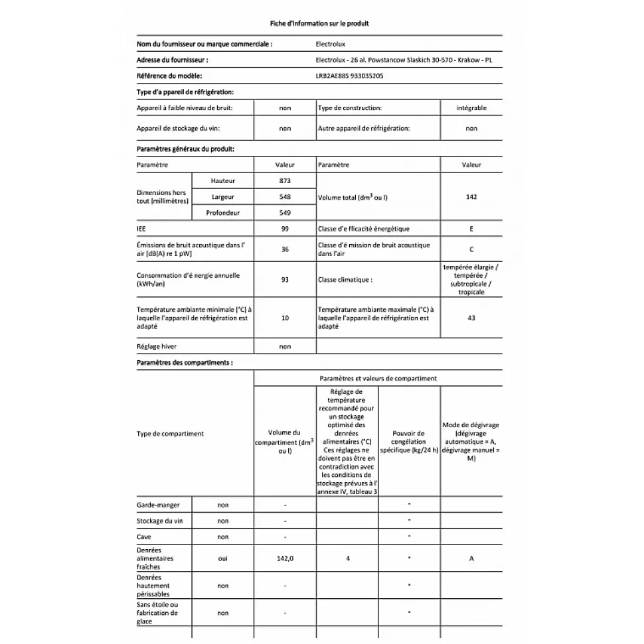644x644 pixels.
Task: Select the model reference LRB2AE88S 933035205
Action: pyautogui.click(x=350, y=76)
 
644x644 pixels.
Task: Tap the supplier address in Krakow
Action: pyautogui.click(x=406, y=60)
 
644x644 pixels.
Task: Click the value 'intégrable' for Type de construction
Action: pyautogui.click(x=471, y=107)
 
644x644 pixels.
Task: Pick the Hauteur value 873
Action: pyautogui.click(x=285, y=181)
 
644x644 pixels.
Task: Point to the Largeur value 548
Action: pyautogui.click(x=285, y=197)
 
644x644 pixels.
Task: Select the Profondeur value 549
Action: pyautogui.click(x=285, y=213)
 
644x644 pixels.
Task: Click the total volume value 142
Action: pyautogui.click(x=471, y=197)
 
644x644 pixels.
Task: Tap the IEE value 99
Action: pyautogui.click(x=285, y=229)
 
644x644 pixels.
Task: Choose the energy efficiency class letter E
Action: pyautogui.click(x=471, y=229)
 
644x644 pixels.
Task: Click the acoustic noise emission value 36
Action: pyautogui.click(x=285, y=249)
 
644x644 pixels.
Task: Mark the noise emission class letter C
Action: pyautogui.click(x=471, y=249)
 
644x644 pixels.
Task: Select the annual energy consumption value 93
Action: pyautogui.click(x=285, y=279)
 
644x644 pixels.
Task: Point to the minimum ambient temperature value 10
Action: pyautogui.click(x=285, y=318)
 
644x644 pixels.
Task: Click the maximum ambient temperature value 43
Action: pyautogui.click(x=471, y=318)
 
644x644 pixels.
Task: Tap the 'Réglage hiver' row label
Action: pyautogui.click(x=157, y=346)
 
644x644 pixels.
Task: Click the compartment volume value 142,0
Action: pyautogui.click(x=285, y=558)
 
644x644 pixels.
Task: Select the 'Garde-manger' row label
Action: pyautogui.click(x=153, y=505)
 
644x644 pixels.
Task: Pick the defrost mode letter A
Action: pyautogui.click(x=471, y=558)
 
